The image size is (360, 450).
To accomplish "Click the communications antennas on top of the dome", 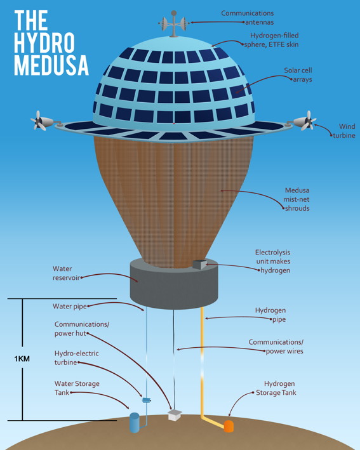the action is pos(173,23).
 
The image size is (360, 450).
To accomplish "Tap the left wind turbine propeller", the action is pos(39,121).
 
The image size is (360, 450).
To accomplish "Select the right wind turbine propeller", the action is pos(309,121).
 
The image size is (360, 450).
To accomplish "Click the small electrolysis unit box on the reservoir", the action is pos(200,264).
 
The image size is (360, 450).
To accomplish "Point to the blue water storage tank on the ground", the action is pos(135,423).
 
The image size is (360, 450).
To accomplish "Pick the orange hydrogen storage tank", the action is pos(229,427).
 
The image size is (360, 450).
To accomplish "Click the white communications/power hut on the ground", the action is pos(175,415).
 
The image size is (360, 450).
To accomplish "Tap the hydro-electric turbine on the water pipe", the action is pos(147,400).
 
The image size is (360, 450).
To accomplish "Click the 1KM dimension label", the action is pos(22,359).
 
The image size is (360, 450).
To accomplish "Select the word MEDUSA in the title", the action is pos(51,65).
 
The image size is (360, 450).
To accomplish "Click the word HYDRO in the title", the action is pos(44,43).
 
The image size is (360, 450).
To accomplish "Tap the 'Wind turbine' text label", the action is pos(344,131).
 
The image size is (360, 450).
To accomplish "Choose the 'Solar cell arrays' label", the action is pos(298,75).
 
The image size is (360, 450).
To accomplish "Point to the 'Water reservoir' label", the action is pos(66,273).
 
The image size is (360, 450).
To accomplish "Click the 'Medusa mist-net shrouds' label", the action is pos(297,199).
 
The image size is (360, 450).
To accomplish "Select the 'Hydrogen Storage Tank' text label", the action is pos(276,388).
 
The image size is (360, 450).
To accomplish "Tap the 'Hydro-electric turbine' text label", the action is pos(76,358).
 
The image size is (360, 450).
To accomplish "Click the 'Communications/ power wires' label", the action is pos(276,347).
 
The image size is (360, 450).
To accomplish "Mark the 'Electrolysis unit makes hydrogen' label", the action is pos(273,261).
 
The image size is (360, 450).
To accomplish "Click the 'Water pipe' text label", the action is pos(69,306).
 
